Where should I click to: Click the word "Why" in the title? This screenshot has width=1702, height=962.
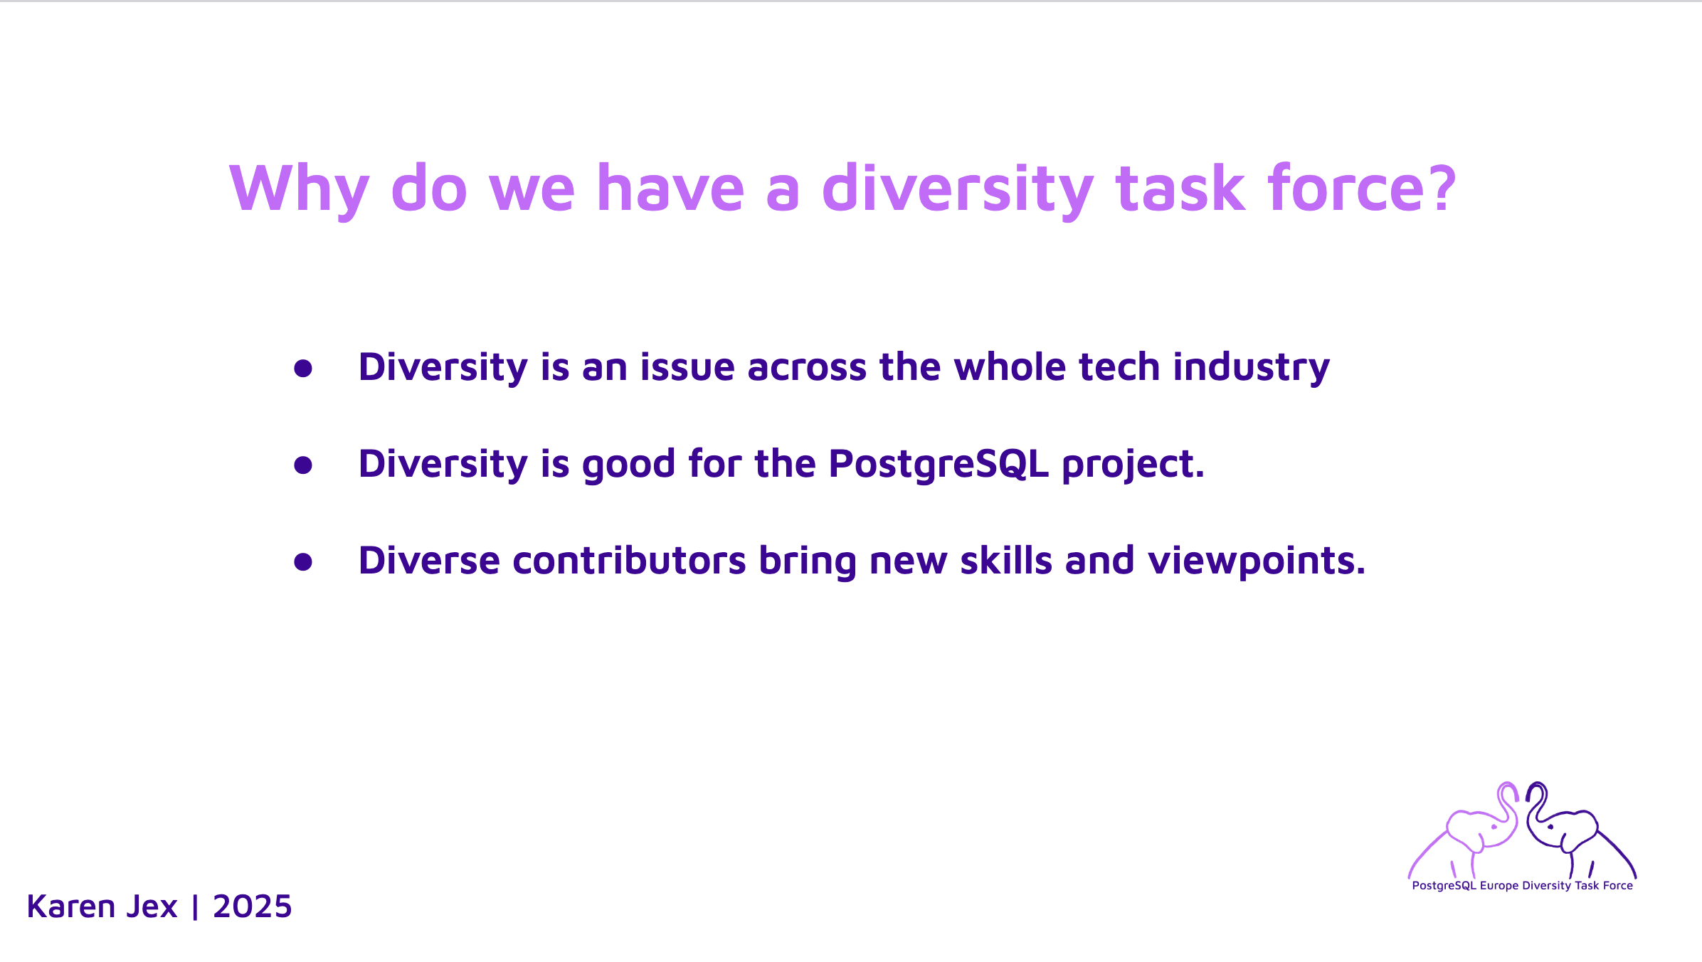(x=300, y=189)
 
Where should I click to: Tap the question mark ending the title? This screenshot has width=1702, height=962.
(x=1436, y=188)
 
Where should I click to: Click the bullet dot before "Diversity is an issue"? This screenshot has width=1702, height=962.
(x=303, y=369)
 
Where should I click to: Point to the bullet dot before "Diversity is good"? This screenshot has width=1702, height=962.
(x=303, y=465)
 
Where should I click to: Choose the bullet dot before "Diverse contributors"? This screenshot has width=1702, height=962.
(x=303, y=562)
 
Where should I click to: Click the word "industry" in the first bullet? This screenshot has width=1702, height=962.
(x=1252, y=369)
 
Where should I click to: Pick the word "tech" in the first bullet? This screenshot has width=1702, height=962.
(x=1120, y=367)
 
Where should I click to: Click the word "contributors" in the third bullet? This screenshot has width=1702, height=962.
(x=629, y=561)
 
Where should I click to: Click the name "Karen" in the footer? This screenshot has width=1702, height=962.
(x=70, y=906)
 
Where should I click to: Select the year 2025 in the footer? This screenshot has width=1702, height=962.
(x=252, y=906)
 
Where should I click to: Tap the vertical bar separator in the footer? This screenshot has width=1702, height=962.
(x=195, y=907)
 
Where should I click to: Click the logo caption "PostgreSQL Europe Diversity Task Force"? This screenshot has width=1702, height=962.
(x=1523, y=886)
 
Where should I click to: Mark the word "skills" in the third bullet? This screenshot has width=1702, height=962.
(x=1006, y=561)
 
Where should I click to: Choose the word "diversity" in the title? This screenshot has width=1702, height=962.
(x=958, y=189)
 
